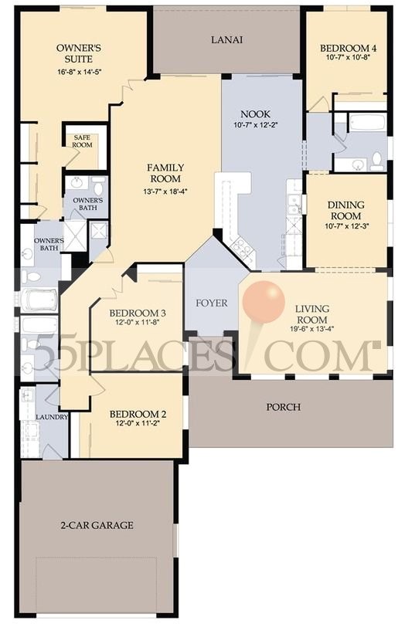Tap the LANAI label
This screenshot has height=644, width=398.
227,40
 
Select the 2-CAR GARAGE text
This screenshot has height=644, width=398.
98,525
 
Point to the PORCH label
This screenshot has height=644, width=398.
283,407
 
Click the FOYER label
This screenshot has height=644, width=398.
211,303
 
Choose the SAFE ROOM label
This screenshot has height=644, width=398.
82,141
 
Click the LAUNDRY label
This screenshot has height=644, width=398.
51,417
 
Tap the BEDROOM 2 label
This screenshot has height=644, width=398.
138,412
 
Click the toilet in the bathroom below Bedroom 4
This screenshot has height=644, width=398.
376,161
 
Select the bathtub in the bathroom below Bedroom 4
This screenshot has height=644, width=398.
362,122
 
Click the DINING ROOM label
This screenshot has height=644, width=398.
346,210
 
